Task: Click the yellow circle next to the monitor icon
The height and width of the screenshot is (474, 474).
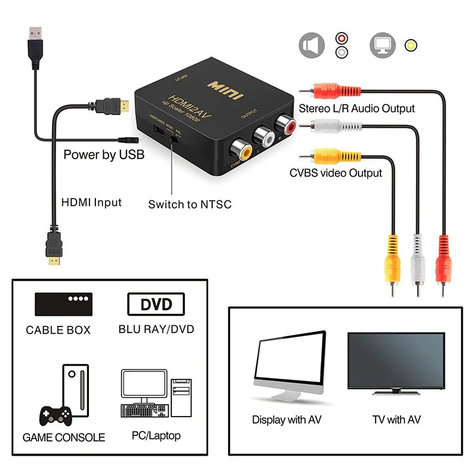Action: [410, 45]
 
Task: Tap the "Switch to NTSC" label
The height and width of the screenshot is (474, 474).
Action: [190, 204]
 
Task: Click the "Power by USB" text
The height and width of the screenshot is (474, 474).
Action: [104, 155]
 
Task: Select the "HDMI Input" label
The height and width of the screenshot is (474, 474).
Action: [92, 202]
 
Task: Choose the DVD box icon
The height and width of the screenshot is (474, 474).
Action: [156, 305]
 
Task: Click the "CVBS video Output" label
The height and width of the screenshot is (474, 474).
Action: [335, 173]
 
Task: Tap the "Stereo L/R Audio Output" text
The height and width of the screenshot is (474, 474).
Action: [357, 108]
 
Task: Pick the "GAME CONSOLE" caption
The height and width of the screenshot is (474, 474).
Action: [63, 438]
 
